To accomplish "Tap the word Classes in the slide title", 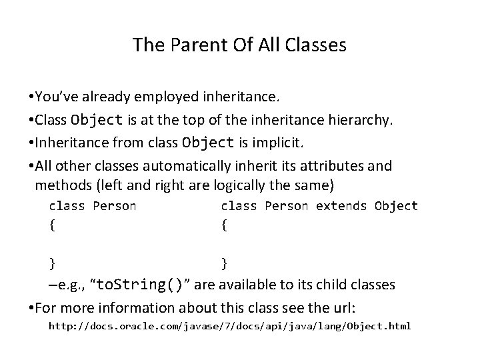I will click(316, 45).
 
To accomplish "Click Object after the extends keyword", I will click(396, 206).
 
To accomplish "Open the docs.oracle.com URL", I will click(230, 326).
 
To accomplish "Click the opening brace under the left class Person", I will click(53, 227).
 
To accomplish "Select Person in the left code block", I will click(114, 206).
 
